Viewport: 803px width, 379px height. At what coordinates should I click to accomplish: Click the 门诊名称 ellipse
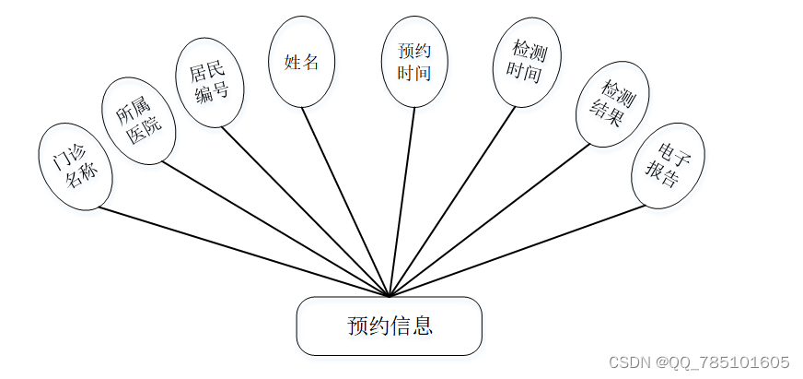tap(75, 166)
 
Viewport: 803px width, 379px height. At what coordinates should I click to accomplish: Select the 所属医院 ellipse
tap(138, 121)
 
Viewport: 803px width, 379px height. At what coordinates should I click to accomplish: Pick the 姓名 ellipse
tap(301, 62)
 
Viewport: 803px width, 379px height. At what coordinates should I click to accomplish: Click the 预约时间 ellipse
tap(414, 61)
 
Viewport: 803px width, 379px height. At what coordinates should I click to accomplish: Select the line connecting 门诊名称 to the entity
tap(244, 252)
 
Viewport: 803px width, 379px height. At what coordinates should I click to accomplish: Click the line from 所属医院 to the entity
tap(276, 231)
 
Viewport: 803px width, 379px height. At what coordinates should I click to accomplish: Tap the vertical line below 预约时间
tap(402, 202)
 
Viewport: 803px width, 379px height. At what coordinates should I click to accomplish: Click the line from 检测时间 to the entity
tap(451, 202)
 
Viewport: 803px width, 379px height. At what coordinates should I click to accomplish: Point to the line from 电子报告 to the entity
tap(516, 251)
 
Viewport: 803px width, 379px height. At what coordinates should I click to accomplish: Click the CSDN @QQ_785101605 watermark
tap(700, 361)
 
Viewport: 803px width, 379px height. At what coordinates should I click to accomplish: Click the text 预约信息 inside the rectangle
tap(390, 326)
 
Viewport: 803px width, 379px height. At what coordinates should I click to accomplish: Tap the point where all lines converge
tap(390, 296)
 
